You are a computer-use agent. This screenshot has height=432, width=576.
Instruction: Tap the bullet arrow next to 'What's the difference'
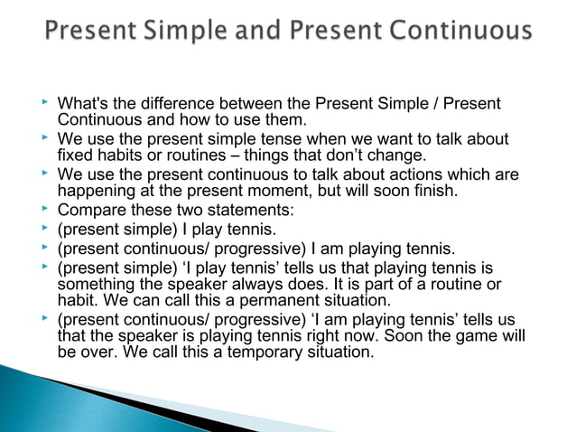(46, 103)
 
